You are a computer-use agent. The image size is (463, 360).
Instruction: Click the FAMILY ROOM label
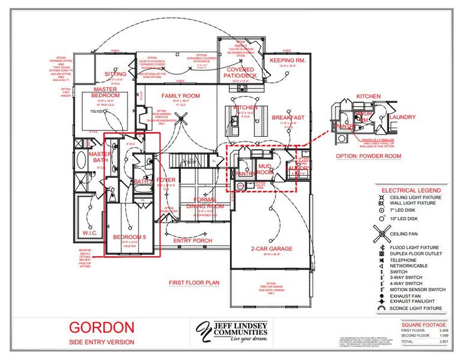[x=180, y=96]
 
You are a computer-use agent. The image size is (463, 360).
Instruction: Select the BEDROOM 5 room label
[x=129, y=237]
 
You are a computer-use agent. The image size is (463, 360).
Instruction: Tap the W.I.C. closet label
[x=90, y=233]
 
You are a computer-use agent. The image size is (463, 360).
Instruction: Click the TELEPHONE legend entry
[x=403, y=260]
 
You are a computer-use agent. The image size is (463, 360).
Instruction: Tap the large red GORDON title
[x=101, y=328]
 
